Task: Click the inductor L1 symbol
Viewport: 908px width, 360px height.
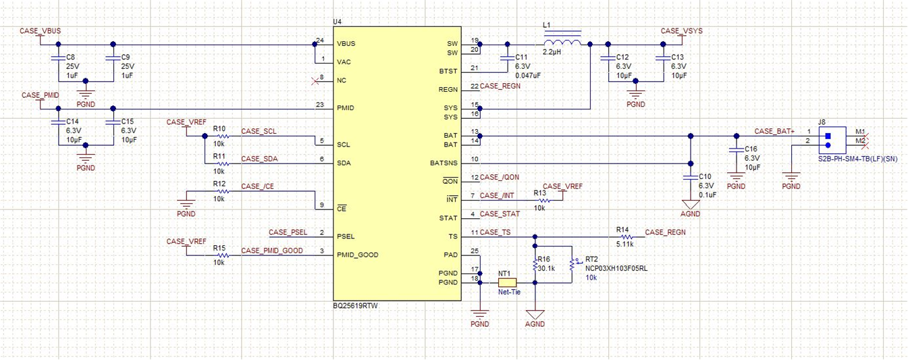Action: (x=562, y=44)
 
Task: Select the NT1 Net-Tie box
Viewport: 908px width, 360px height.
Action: (x=507, y=282)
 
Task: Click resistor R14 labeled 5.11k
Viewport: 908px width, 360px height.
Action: (x=625, y=237)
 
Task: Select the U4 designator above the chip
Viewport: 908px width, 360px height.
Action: (x=338, y=22)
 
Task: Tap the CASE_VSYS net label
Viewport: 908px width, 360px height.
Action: (x=681, y=31)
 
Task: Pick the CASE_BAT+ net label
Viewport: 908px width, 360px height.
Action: (x=774, y=131)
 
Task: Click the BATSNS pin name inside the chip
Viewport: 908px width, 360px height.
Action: (x=444, y=163)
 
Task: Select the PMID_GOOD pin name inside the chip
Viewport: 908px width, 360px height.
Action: (x=358, y=255)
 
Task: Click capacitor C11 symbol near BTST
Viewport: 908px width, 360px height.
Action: (x=506, y=59)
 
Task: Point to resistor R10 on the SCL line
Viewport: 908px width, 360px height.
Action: (x=221, y=136)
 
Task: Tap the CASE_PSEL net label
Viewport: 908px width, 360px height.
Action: (x=288, y=232)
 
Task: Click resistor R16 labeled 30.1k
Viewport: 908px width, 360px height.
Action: (x=535, y=265)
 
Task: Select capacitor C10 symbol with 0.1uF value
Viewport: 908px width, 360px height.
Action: (x=689, y=178)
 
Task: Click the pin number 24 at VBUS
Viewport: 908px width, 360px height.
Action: (x=320, y=41)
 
